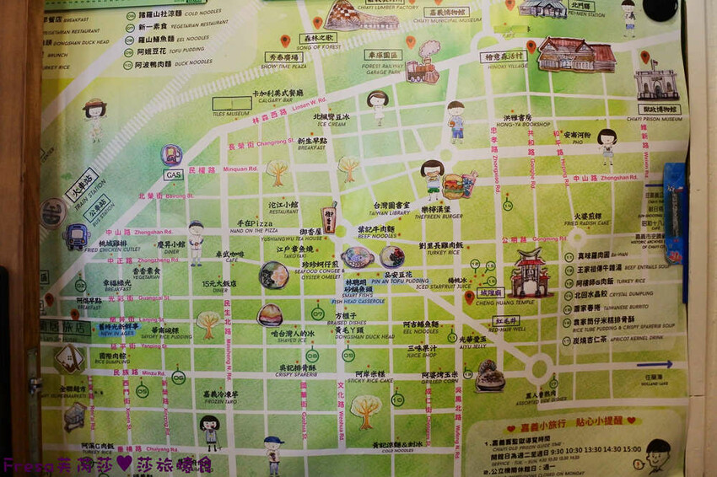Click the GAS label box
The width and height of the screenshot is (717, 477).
(173, 174)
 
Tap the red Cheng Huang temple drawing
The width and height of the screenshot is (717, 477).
(532, 272)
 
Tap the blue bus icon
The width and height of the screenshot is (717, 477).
(77, 235)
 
